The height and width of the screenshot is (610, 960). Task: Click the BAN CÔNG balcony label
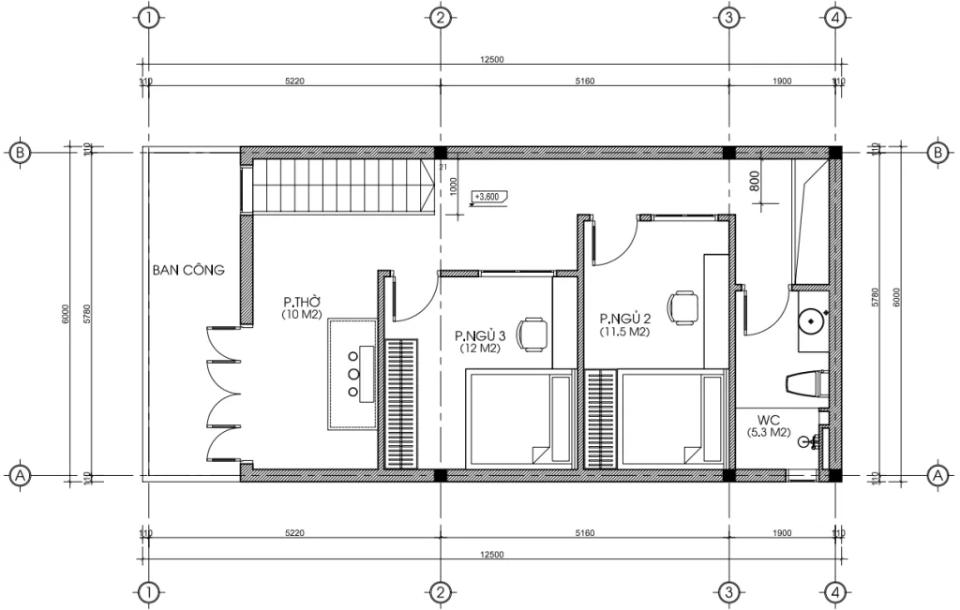point(188,271)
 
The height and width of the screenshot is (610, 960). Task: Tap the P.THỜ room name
point(303,303)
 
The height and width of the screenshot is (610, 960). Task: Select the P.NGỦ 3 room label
point(480,335)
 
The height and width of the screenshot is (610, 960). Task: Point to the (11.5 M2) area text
point(626,332)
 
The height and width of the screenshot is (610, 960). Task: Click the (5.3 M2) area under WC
point(770,433)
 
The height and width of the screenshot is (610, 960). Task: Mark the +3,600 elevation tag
point(488,197)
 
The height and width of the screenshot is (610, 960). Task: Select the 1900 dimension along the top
point(782,82)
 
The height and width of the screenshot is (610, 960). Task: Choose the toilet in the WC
point(804,384)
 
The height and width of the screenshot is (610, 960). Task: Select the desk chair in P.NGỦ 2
point(683,306)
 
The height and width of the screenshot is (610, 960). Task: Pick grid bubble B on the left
point(18,153)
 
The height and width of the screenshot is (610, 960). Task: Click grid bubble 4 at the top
point(835,18)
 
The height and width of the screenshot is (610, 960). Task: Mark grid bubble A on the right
point(935,476)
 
